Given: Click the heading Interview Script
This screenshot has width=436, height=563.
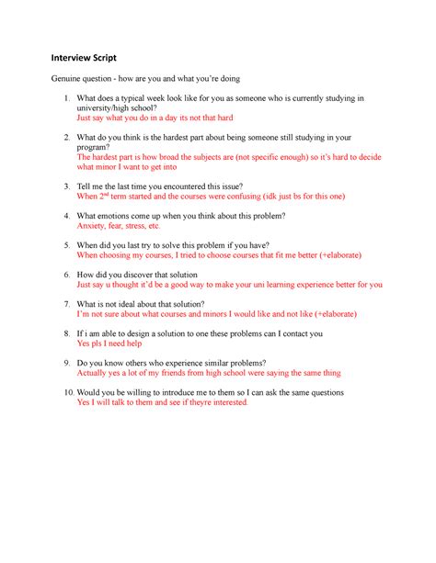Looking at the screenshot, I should click(x=90, y=57).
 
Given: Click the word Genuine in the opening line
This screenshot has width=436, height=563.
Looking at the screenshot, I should click(x=69, y=79).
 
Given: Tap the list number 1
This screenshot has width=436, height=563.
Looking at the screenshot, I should click(x=62, y=98).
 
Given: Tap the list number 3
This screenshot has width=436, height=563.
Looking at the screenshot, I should click(x=62, y=186).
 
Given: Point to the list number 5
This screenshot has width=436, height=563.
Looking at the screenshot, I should click(x=62, y=245).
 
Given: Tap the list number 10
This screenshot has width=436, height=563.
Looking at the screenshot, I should click(x=60, y=392).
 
